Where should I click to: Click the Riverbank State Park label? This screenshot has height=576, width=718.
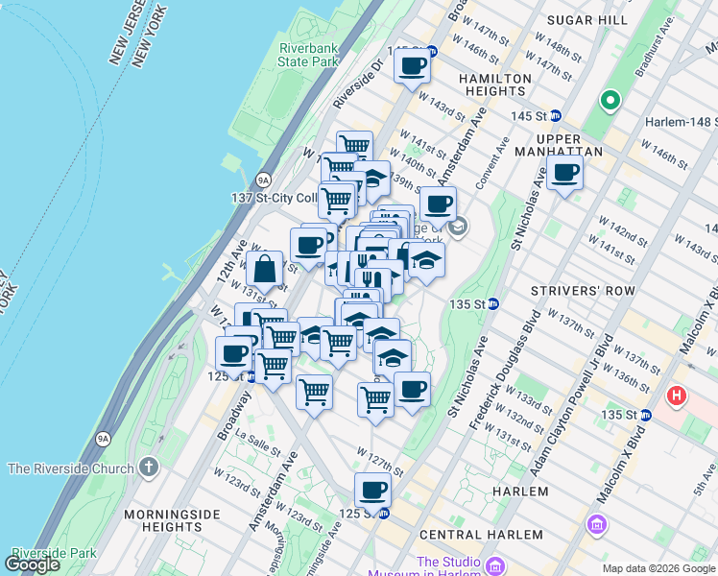(309, 55)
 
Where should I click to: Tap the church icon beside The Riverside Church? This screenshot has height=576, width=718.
(148, 468)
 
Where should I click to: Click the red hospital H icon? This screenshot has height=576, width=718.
(678, 395)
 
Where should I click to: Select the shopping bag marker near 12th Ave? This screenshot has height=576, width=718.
(264, 270)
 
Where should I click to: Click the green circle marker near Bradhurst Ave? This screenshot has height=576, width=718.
(610, 100)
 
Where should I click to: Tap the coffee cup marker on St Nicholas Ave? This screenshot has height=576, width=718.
(565, 174)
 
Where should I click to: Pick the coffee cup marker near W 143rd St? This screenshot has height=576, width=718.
(412, 66)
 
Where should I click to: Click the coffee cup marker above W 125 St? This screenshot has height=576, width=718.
(372, 491)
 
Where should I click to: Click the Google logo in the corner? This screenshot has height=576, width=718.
(33, 564)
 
